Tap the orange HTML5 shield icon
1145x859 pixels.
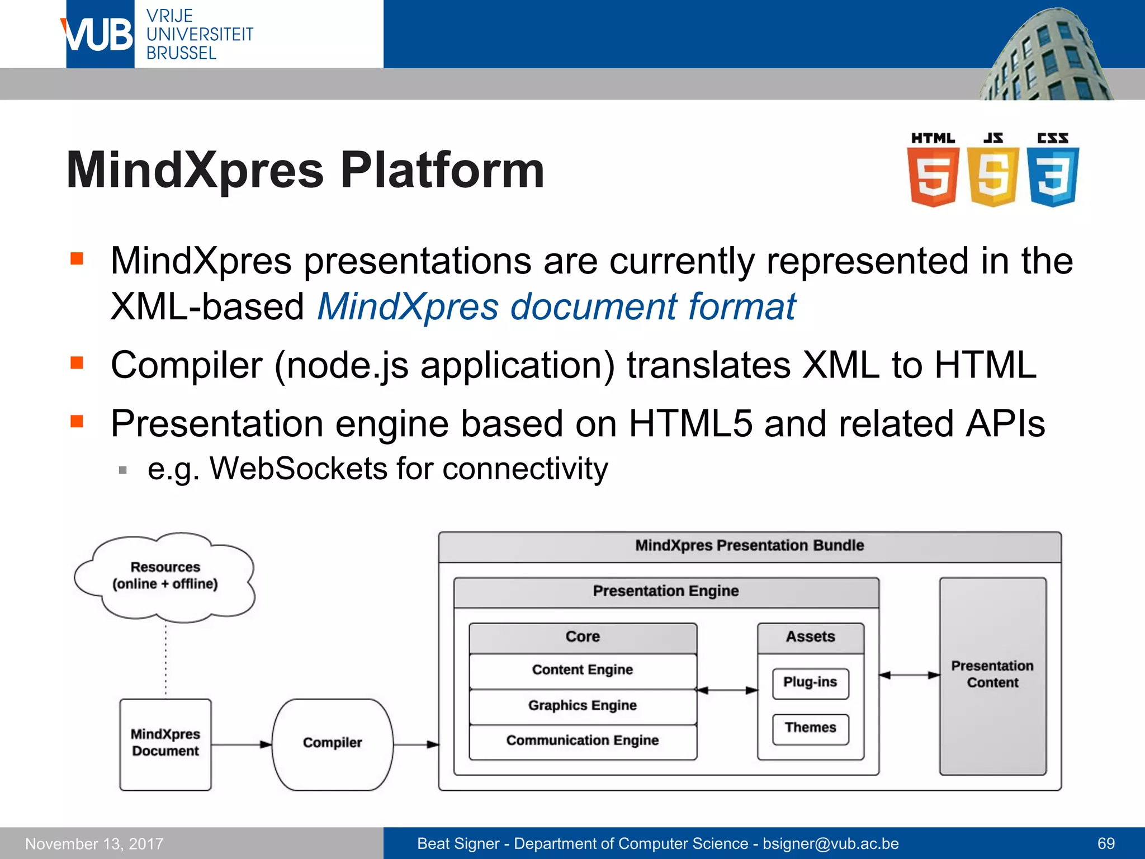(x=933, y=176)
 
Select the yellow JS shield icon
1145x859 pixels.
(x=993, y=176)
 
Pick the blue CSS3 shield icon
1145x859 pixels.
(x=1053, y=176)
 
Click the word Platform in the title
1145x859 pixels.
(x=442, y=171)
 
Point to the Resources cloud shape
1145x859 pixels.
(x=165, y=576)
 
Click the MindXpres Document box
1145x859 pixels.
(x=165, y=744)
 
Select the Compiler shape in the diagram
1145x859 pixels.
(x=332, y=744)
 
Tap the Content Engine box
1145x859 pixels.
(x=583, y=670)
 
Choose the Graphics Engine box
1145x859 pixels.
(x=583, y=706)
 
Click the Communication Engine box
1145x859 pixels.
(x=583, y=741)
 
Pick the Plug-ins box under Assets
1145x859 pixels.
(x=810, y=683)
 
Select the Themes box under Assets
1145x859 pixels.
(x=810, y=728)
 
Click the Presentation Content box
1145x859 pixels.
(x=992, y=675)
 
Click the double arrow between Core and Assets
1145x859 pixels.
(x=727, y=690)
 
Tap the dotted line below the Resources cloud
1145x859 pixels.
(x=166, y=660)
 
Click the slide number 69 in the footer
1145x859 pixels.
(x=1106, y=843)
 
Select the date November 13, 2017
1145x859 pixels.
(x=94, y=844)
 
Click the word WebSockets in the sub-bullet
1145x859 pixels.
(x=298, y=469)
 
